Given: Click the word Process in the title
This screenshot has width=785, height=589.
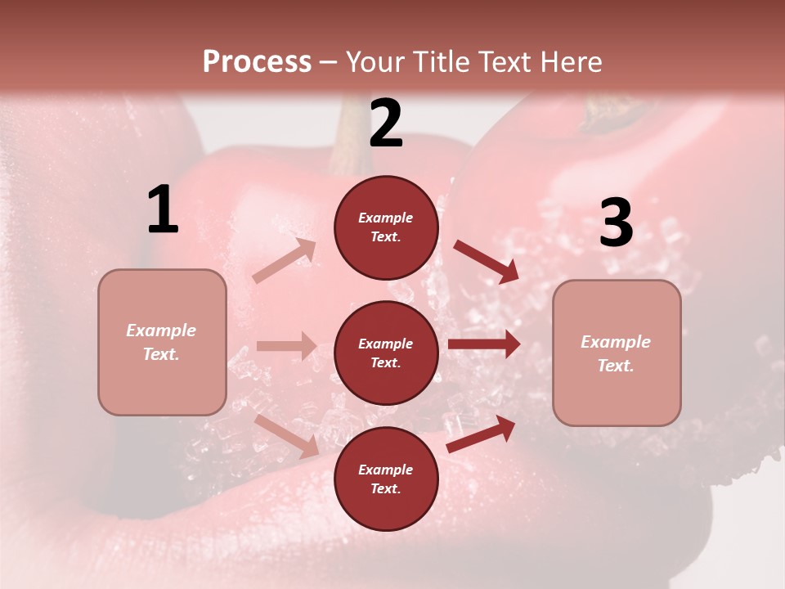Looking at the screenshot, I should click(x=257, y=61).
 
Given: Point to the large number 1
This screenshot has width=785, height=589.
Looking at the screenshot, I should click(x=163, y=210).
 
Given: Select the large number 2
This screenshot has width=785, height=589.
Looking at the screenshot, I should click(x=386, y=124).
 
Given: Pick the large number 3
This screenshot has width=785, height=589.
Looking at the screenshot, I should click(x=617, y=223).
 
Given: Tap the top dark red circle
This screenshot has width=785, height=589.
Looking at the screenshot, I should click(x=386, y=227).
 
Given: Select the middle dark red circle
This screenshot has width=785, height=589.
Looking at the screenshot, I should click(x=386, y=353).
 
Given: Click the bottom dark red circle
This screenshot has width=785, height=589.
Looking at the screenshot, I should click(x=386, y=479).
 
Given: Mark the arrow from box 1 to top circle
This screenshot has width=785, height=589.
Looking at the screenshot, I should click(x=285, y=261).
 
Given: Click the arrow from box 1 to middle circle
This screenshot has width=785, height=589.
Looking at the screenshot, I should click(x=286, y=346).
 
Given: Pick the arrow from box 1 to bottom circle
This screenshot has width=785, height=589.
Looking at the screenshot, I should click(x=287, y=435).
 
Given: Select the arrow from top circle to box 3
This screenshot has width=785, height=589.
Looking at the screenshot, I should click(x=486, y=262).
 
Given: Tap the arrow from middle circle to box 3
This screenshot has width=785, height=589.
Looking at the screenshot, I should click(x=483, y=344).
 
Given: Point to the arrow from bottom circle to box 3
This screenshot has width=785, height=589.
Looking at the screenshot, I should click(x=481, y=434).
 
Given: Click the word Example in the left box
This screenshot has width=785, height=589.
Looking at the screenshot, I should click(x=161, y=330).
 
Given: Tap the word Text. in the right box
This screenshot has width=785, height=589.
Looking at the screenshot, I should click(x=616, y=366).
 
